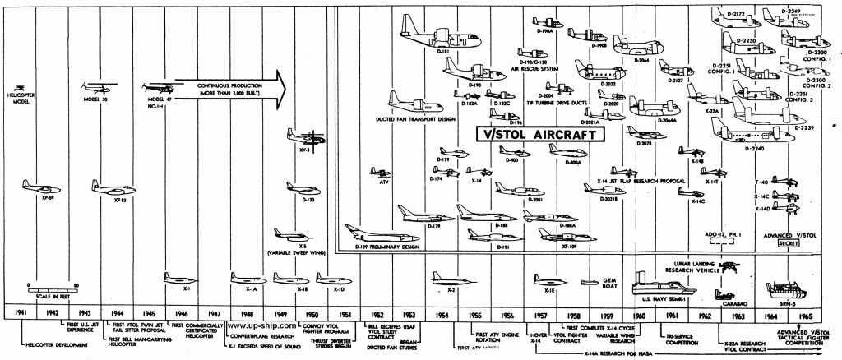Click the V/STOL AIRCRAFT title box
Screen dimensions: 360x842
pos(539,132)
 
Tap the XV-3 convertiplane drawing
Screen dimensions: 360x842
pos(303,140)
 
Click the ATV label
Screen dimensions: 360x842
pos(383,182)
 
